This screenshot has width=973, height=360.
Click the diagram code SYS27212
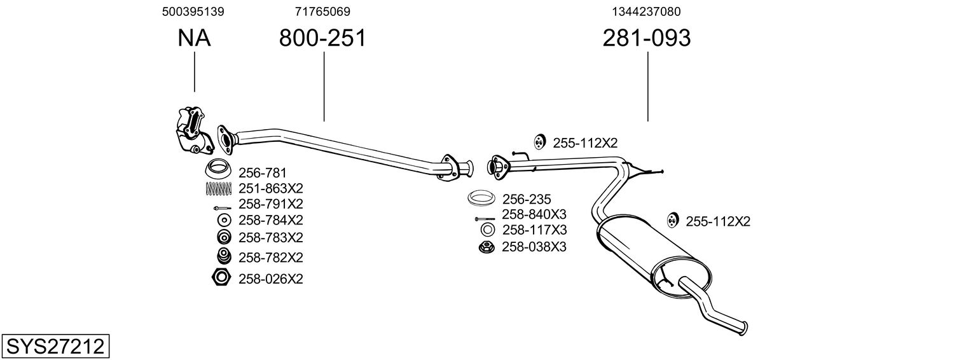coord(55,347)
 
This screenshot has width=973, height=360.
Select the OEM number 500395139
coord(193,11)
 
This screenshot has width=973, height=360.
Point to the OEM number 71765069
coord(322,11)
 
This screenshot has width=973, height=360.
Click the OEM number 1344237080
coord(647,11)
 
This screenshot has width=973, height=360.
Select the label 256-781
coord(262,172)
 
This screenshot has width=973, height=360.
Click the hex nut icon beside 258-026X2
coord(221,277)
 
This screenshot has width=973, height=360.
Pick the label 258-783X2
coord(270,237)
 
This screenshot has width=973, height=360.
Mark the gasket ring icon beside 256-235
coord(481,198)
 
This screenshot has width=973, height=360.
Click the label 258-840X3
coord(534,214)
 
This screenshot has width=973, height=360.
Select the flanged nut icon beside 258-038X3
coord(486,247)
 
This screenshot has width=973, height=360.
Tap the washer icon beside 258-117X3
coord(487,230)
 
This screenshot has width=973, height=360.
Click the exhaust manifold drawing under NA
coord(192,130)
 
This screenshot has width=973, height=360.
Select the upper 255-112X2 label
coord(585,143)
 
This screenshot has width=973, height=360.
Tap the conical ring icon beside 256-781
coord(217,170)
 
